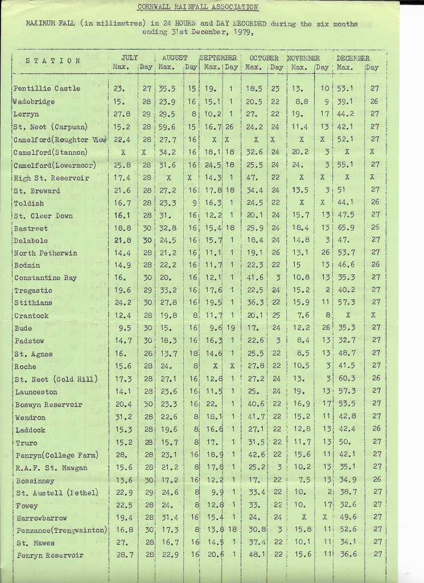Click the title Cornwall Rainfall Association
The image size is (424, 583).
[x=198, y=7]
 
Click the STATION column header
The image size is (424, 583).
[x=53, y=61]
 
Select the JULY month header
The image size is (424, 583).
[x=130, y=58]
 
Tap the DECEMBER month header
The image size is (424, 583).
[x=353, y=58]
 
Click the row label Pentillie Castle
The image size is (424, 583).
[x=47, y=89]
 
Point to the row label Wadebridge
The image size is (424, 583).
[x=34, y=102]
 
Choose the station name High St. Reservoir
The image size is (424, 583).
[x=51, y=178]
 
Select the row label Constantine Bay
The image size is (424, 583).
[x=46, y=278]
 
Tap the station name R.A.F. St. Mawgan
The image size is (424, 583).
[x=52, y=468]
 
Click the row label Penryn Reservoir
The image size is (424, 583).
[x=50, y=555]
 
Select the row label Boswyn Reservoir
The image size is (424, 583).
[x=49, y=405]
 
